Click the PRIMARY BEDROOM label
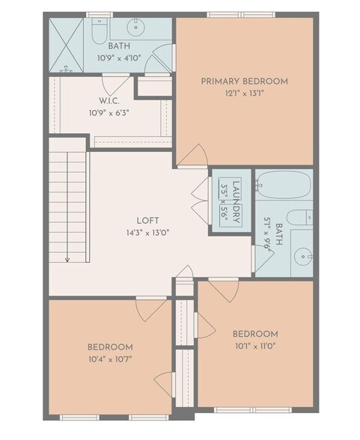(x=244, y=81)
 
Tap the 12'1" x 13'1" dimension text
(x=244, y=94)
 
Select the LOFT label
(x=147, y=221)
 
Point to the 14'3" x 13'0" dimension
(x=147, y=233)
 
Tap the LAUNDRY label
(x=235, y=201)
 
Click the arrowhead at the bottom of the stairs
(x=67, y=260)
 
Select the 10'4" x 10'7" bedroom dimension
(x=110, y=360)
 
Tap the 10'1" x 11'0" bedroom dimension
(x=255, y=346)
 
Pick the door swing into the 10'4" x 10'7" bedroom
(x=153, y=310)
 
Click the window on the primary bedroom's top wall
(x=240, y=14)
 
